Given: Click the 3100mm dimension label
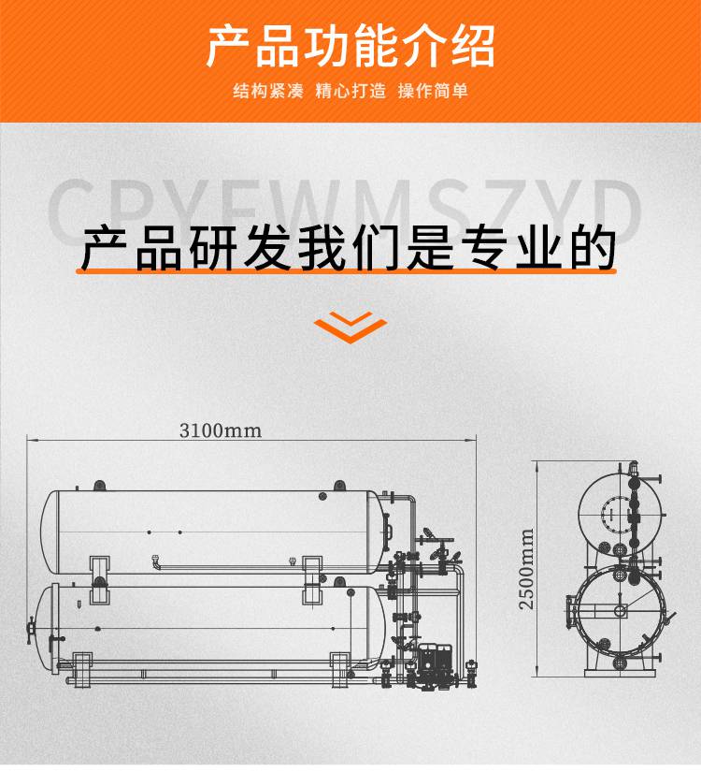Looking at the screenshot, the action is (x=220, y=430).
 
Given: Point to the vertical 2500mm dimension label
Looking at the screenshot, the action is (x=526, y=569).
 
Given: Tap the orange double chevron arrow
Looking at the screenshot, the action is (x=350, y=327).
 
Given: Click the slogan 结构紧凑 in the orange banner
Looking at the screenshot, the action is (x=268, y=91).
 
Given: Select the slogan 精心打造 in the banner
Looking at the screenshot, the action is (x=350, y=91).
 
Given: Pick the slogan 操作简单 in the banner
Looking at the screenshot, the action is (x=433, y=91).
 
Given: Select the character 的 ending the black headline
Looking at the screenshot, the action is (x=593, y=248).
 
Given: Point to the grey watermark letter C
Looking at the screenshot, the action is (x=70, y=211).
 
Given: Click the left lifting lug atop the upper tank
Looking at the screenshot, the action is (x=99, y=486).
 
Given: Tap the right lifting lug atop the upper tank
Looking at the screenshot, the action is (x=339, y=486).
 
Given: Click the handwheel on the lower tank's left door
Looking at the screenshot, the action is (x=31, y=630).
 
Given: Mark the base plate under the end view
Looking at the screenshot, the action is (x=620, y=673).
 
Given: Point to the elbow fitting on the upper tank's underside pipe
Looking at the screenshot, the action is (x=156, y=561).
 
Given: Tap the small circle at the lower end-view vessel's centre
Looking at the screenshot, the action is (x=620, y=611).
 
